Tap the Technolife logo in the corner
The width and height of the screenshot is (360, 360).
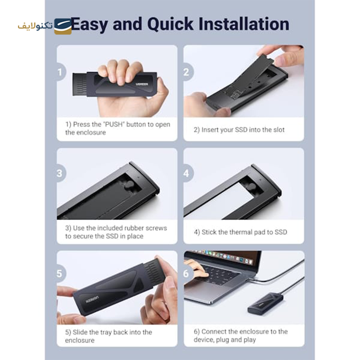pos(45,26)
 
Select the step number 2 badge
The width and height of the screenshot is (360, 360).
pos(187,72)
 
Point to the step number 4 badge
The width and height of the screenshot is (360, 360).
pos(187,174)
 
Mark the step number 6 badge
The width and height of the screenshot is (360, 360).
pos(187,274)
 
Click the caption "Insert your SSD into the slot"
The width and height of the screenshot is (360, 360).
pos(239,130)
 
